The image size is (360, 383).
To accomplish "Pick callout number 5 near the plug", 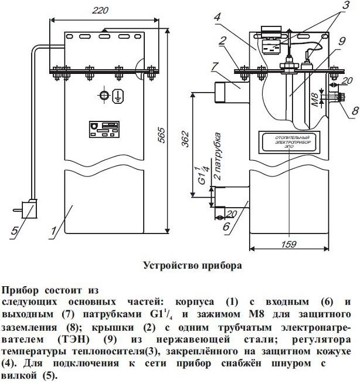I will point(15,231).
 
